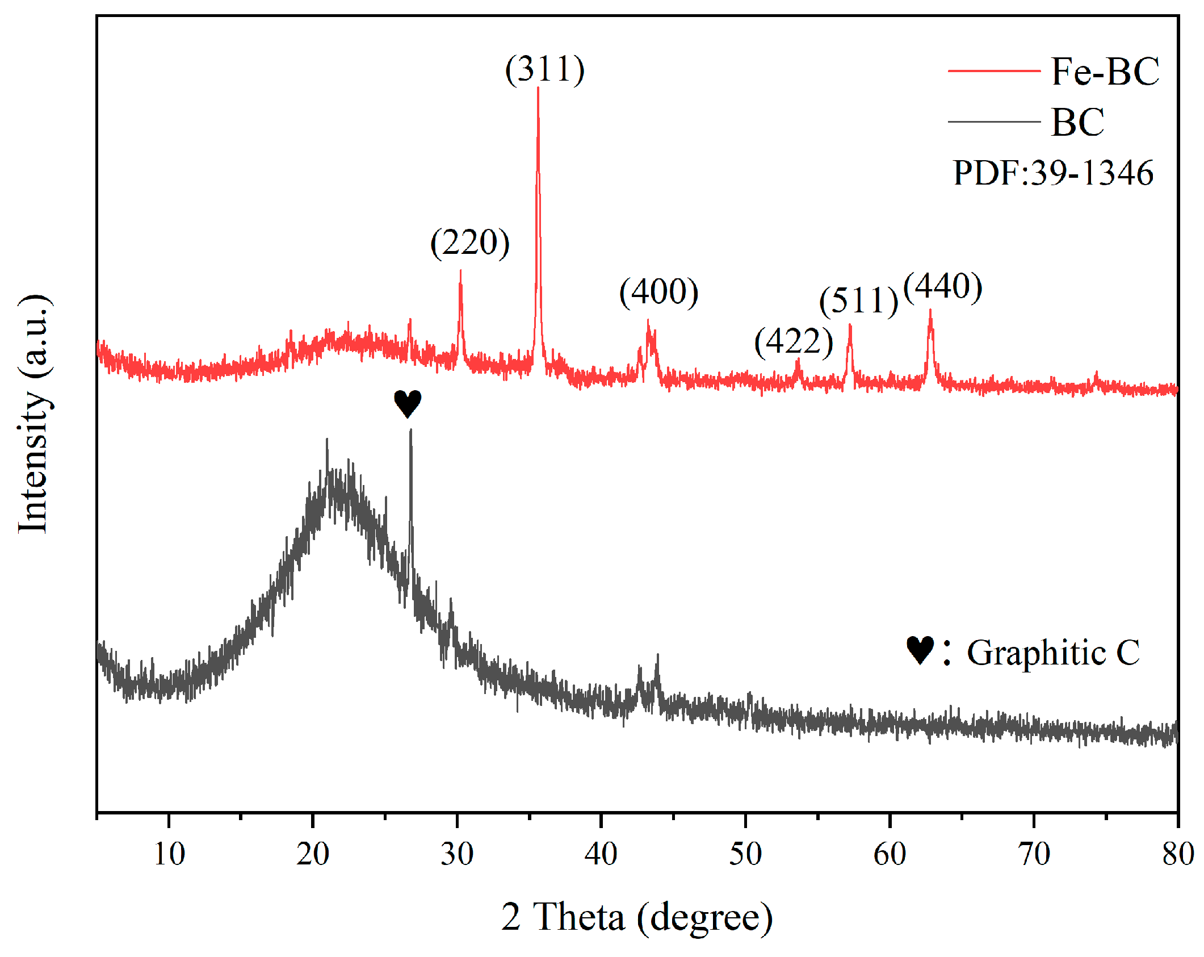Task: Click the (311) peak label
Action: (x=544, y=70)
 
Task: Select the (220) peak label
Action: (x=470, y=243)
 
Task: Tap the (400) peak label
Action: (x=658, y=292)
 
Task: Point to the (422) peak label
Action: (x=794, y=342)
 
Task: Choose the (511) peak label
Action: (x=858, y=300)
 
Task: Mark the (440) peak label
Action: (x=942, y=287)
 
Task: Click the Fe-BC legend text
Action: (x=1105, y=72)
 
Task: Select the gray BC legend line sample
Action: (x=993, y=122)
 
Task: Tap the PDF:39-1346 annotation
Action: (x=1053, y=173)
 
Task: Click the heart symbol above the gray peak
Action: (x=408, y=403)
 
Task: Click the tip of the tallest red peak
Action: (x=538, y=89)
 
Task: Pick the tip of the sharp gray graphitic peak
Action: (x=410, y=431)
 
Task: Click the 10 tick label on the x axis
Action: (x=169, y=854)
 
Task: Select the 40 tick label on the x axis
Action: (x=601, y=854)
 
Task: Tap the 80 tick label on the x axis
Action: (x=1177, y=854)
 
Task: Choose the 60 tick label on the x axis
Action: (x=890, y=854)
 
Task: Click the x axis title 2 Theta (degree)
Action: (x=636, y=917)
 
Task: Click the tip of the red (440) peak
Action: (x=930, y=311)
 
